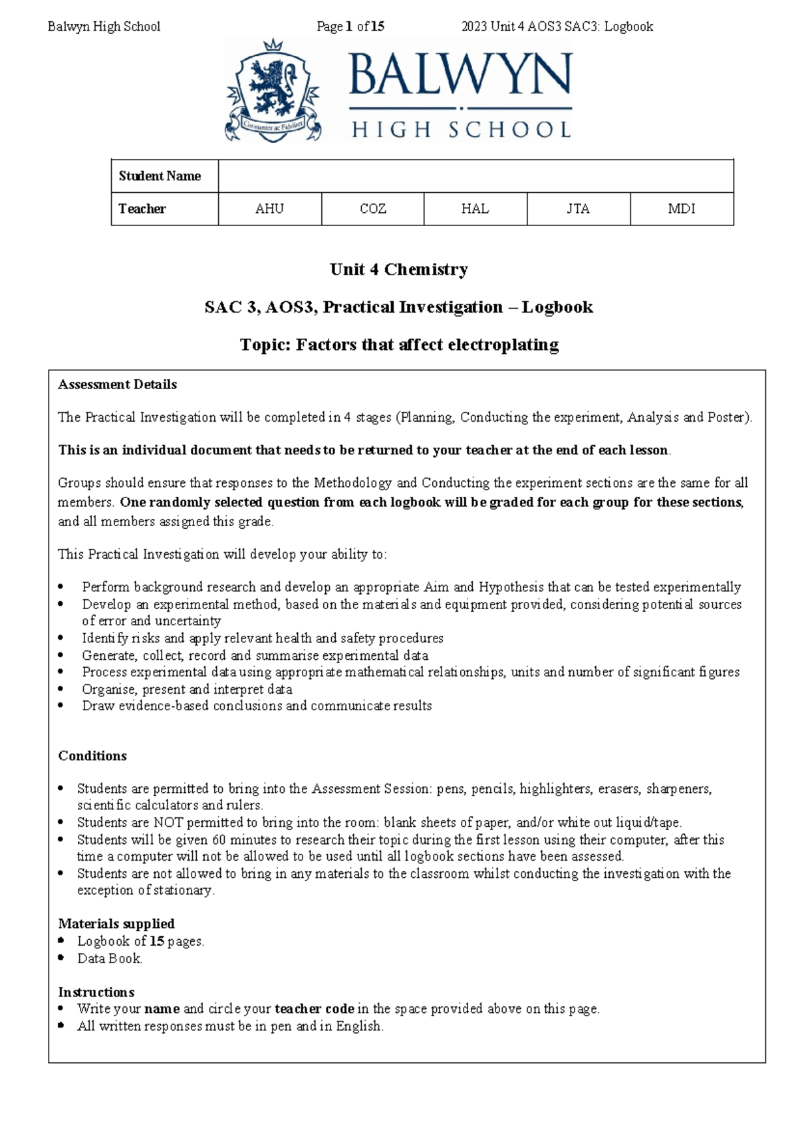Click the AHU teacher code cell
pos(269,209)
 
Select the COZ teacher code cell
pos(372,209)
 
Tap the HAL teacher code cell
pos(475,209)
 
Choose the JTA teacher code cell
pos(578,209)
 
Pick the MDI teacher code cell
pos(682,209)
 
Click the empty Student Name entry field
pos(475,176)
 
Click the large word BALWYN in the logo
pos(460,74)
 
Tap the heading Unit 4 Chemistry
pos(398,269)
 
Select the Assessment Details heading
pos(117,384)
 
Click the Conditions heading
pos(92,756)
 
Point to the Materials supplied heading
pos(116,923)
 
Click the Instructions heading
pos(96,992)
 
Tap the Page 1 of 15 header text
pos(350,27)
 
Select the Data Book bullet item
pos(110,958)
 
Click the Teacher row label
pos(142,209)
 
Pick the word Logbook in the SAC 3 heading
pos(557,307)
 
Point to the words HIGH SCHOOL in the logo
pos(460,129)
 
